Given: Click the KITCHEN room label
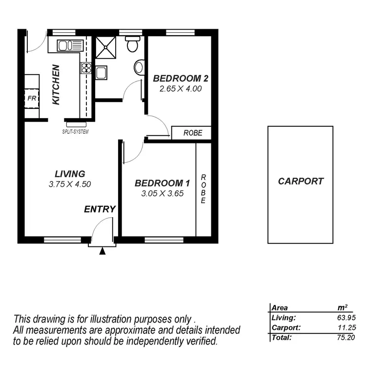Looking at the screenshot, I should pyautogui.click(x=56, y=84).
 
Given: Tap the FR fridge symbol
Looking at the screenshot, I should pyautogui.click(x=32, y=98).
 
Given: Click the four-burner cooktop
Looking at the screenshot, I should pyautogui.click(x=86, y=67).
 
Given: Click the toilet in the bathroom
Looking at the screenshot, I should pyautogui.click(x=132, y=45).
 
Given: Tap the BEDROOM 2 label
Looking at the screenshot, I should pyautogui.click(x=177, y=79).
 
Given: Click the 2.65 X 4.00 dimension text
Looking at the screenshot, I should pyautogui.click(x=181, y=89).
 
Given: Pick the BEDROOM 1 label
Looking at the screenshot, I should pyautogui.click(x=162, y=183).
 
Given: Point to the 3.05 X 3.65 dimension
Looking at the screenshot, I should pyautogui.click(x=162, y=194).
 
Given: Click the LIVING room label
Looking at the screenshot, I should pyautogui.click(x=70, y=174).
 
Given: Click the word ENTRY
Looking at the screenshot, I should pyautogui.click(x=100, y=209).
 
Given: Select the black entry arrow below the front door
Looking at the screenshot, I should pyautogui.click(x=102, y=251).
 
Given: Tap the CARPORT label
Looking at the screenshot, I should pyautogui.click(x=301, y=181).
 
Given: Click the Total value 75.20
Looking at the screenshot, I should pyautogui.click(x=341, y=337).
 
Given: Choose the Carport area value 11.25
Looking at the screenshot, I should pyautogui.click(x=341, y=328).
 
